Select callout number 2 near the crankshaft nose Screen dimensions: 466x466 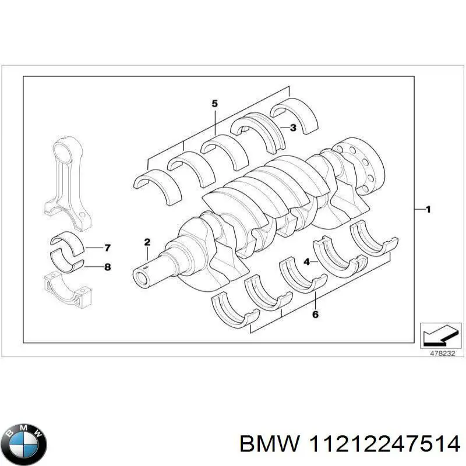(147, 242)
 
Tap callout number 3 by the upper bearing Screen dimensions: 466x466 (293, 127)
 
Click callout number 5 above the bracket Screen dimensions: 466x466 (214, 104)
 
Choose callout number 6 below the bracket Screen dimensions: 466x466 (315, 315)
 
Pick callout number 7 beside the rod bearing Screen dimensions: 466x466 (107, 248)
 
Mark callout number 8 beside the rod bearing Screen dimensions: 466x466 (107, 267)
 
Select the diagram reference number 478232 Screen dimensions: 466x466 (440, 353)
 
